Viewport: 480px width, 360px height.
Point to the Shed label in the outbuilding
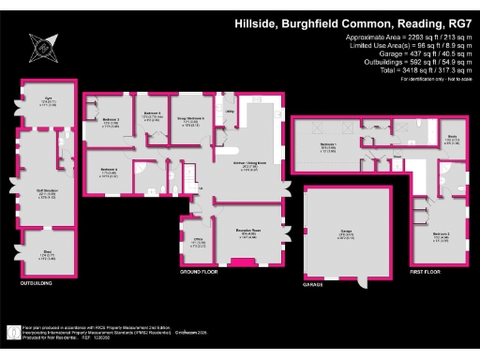(47, 253)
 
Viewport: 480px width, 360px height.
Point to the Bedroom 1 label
(328, 145)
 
